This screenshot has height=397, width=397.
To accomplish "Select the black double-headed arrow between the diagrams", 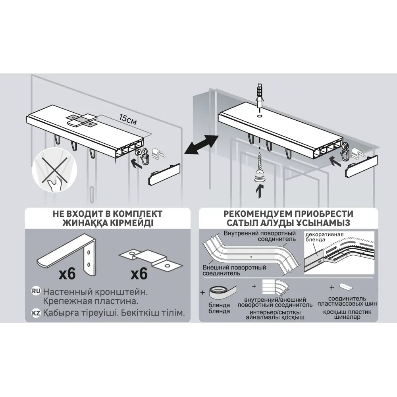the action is [202, 144].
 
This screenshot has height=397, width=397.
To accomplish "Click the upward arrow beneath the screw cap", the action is [259, 191].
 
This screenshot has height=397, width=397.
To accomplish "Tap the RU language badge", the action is [36, 291].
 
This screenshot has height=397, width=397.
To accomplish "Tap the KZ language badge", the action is [36, 313].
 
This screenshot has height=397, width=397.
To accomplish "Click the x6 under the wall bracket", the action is [67, 274].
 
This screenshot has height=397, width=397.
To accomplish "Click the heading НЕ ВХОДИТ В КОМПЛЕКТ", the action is [108, 214].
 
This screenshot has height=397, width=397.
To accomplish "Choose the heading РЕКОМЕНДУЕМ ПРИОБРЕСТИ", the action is [288, 214].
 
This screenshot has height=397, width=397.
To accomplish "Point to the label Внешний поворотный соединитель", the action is [234, 270].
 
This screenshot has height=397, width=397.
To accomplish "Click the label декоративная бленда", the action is [324, 237].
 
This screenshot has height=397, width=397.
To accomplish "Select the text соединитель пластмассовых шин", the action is [347, 301].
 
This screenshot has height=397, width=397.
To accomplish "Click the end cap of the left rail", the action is [164, 175].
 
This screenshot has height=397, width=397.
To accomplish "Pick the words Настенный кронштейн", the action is [95, 292].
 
